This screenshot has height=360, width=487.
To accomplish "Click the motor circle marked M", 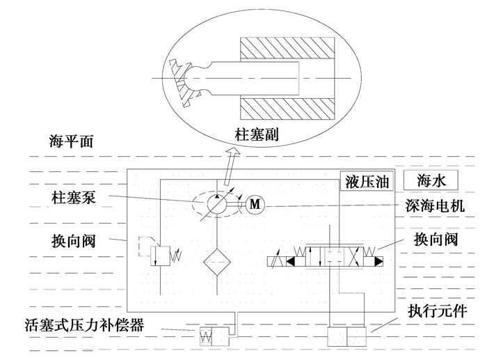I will coord(254,204).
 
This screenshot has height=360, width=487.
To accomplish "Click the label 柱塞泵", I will coord(72,198).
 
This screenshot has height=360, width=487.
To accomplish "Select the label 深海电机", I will coord(435,207).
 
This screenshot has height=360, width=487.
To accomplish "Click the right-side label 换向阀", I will coord(436,240).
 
